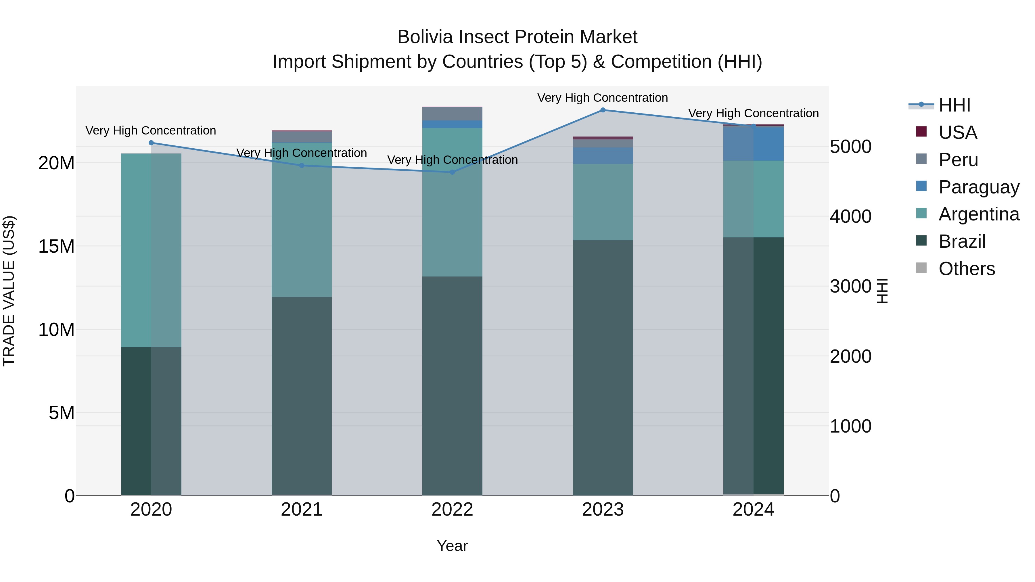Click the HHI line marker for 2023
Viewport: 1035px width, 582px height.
click(603, 110)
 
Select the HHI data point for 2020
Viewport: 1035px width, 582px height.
click(151, 143)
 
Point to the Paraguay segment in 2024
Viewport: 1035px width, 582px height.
click(753, 144)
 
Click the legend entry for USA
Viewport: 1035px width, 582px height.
click(958, 132)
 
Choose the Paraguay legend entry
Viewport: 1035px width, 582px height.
click(979, 187)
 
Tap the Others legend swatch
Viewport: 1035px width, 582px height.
click(921, 268)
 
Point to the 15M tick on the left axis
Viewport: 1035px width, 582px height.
click(56, 246)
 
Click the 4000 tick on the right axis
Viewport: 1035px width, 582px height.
click(851, 216)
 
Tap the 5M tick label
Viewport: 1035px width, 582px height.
click(62, 412)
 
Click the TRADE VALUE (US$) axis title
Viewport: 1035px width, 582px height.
click(9, 291)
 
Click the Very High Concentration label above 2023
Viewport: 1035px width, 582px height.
click(603, 98)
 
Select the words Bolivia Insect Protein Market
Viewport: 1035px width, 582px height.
click(517, 37)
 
